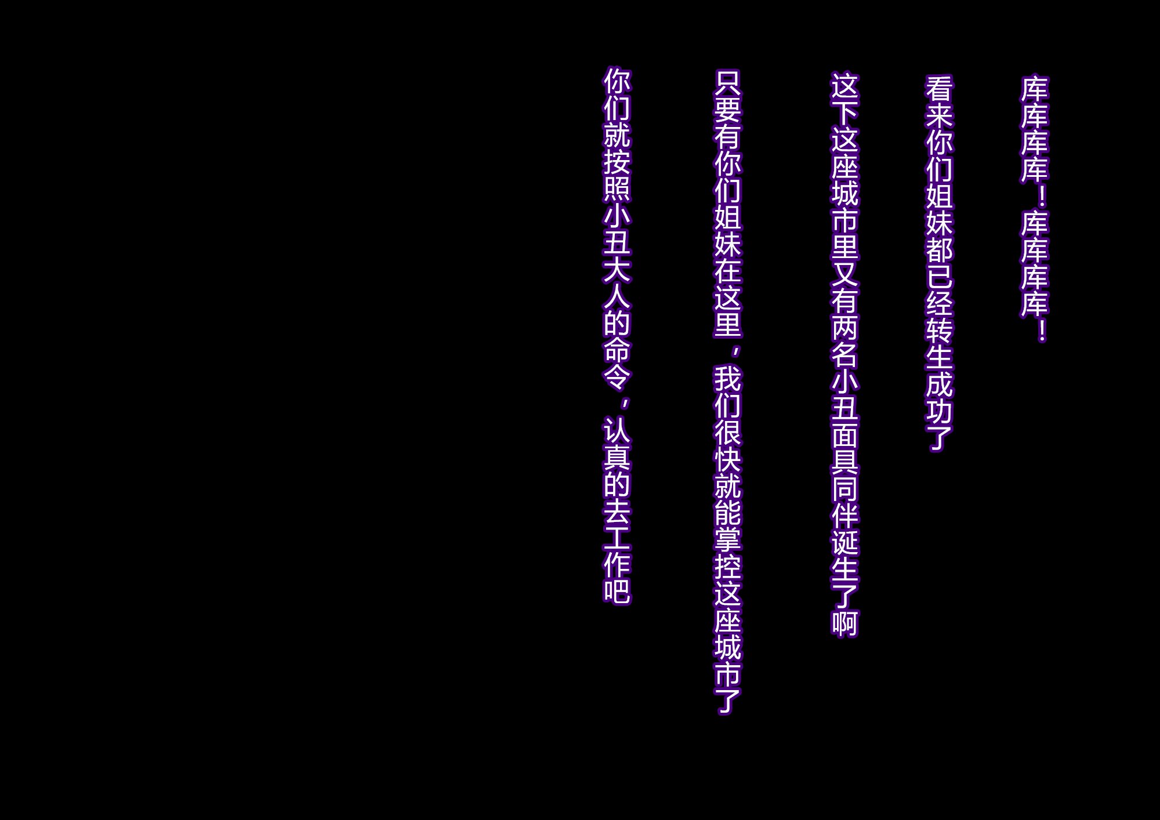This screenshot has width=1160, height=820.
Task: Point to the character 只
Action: pos(727,84)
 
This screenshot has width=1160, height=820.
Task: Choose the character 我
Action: pos(727,380)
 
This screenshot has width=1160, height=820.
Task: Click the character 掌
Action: pos(727,542)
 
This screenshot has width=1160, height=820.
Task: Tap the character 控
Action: pos(727,569)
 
